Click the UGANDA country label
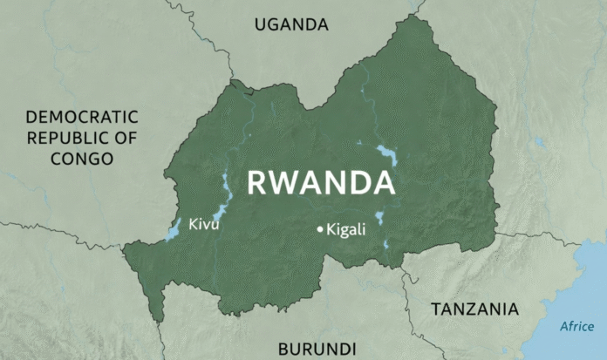pos(291,24)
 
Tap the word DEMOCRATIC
pos(82,117)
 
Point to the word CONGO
pos(82,159)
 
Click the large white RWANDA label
pos(320,183)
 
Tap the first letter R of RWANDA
pos(257,183)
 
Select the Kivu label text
pos(203,226)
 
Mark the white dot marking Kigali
pos(320,229)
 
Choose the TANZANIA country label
pos(474,309)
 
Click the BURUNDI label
pos(317,349)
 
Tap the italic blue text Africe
pos(576,327)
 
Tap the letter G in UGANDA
pos(275,24)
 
